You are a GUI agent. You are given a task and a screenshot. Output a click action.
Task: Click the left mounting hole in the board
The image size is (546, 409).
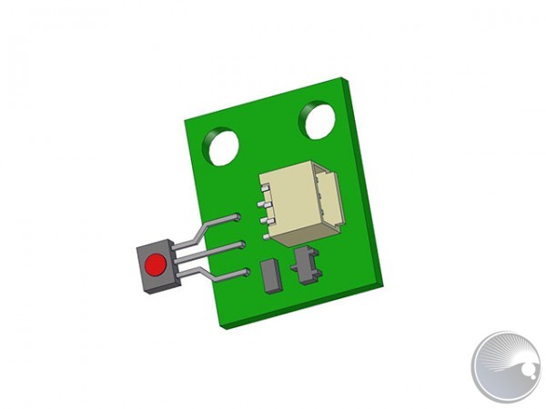pos(220,146)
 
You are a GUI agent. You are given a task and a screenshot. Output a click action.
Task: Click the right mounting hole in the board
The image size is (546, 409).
pos(318,120)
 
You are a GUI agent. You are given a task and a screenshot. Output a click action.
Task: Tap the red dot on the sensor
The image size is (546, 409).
pos(156,265)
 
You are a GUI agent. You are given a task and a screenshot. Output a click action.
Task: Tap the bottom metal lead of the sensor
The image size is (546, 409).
pos(218,274)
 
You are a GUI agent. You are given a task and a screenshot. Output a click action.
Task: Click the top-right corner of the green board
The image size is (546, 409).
pos(349,78)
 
